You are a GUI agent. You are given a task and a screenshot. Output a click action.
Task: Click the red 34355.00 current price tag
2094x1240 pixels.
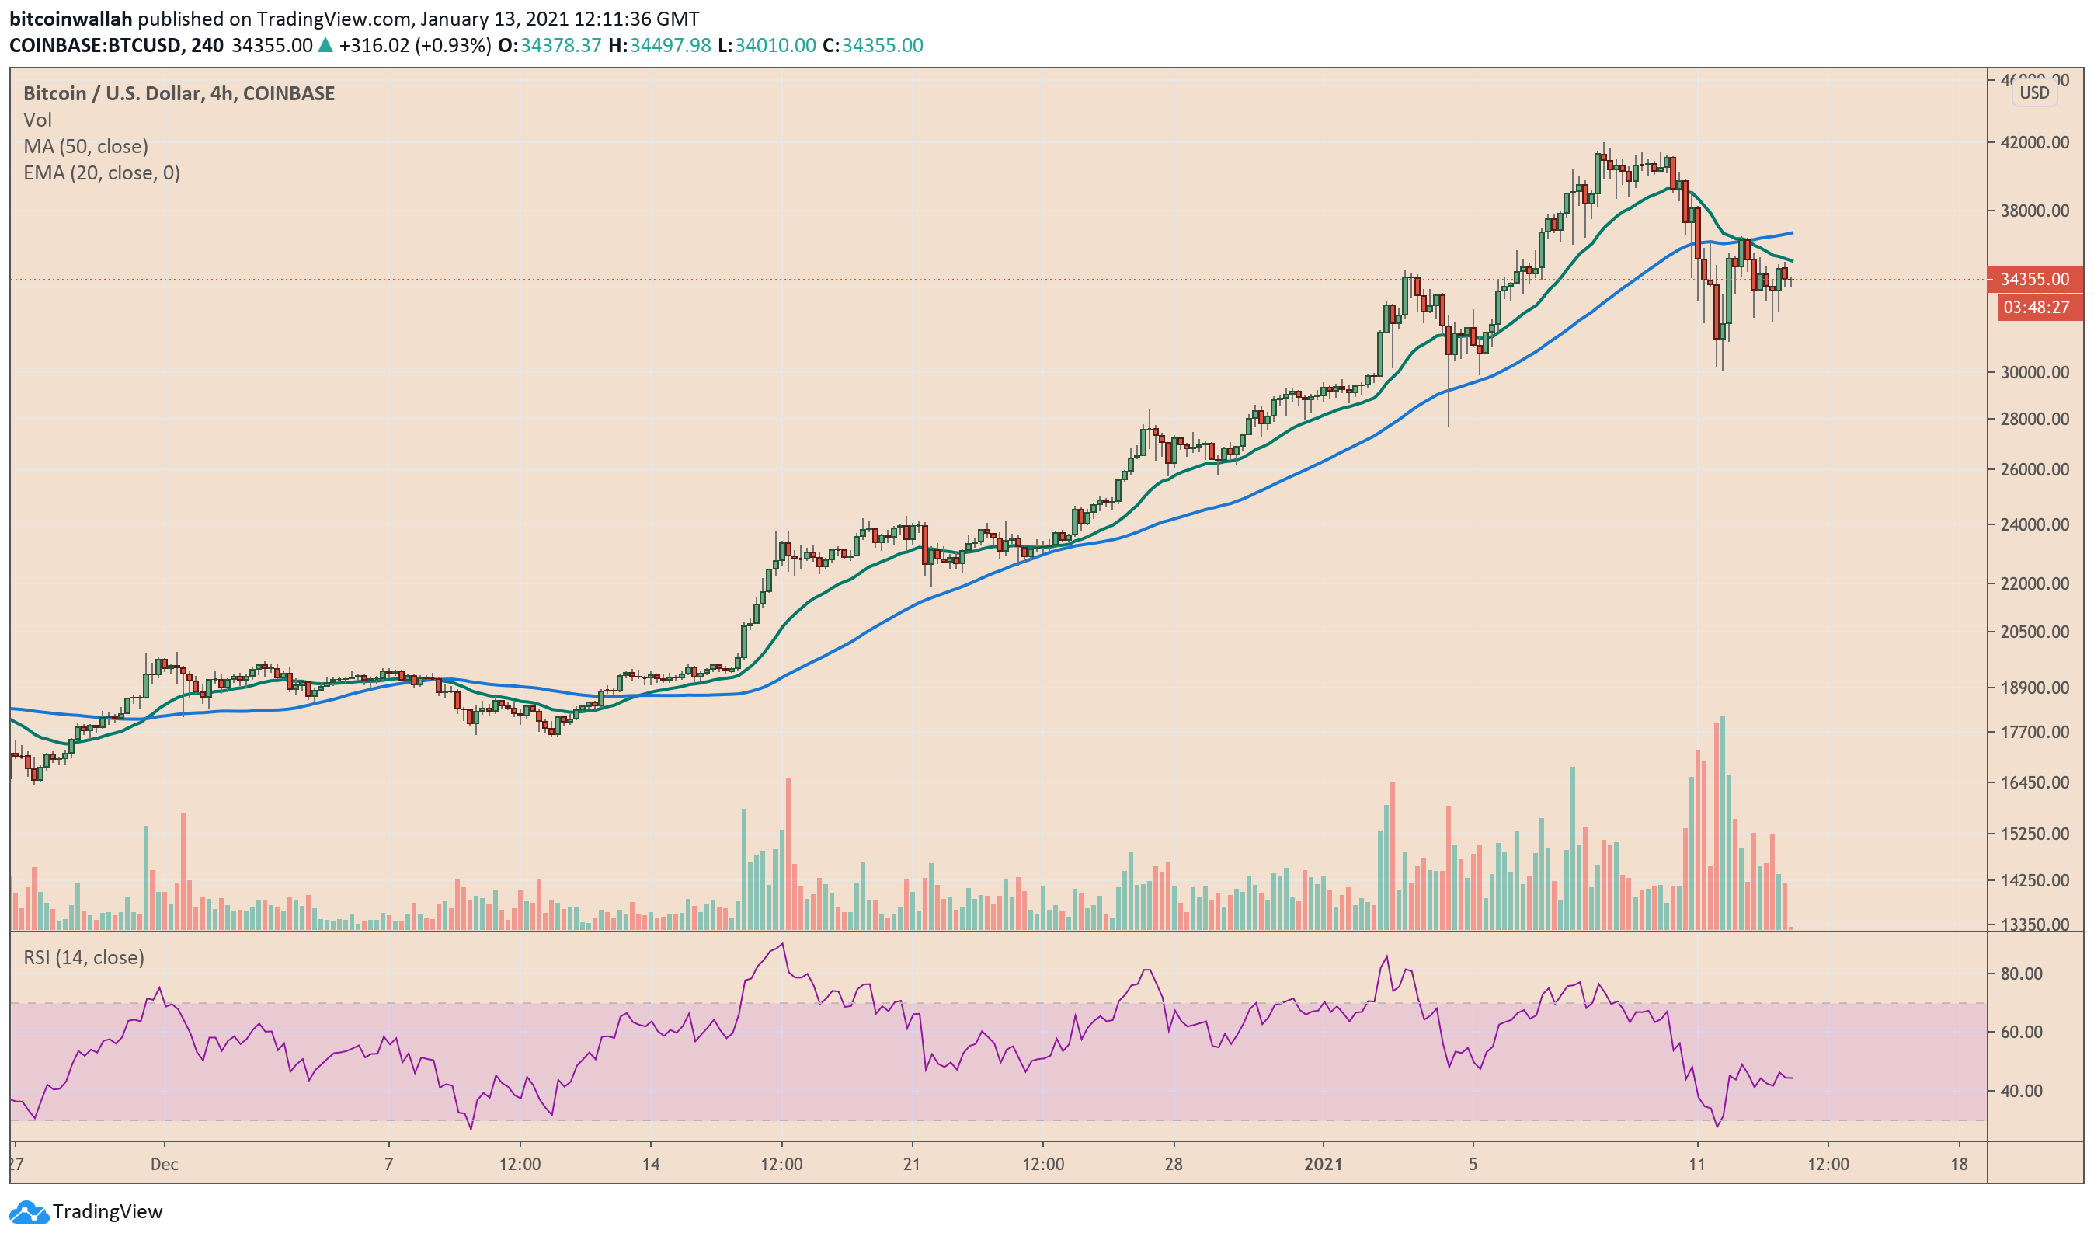click(2034, 279)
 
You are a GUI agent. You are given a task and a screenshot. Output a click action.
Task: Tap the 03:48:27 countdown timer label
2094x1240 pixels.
click(2036, 308)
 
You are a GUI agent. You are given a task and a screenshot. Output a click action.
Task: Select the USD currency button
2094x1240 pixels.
click(2034, 92)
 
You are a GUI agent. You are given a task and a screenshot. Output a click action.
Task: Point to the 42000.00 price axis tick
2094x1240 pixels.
click(2034, 142)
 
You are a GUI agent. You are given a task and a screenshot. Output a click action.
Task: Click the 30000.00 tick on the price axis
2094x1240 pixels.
click(2034, 372)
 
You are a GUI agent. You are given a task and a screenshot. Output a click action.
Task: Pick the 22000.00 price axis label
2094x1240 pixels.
click(2034, 583)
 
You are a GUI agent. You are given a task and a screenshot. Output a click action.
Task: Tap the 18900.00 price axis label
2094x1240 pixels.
click(2034, 688)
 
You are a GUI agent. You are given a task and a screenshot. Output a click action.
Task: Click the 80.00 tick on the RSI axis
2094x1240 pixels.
click(2021, 974)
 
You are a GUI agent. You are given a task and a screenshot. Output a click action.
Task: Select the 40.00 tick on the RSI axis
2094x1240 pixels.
click(2021, 1090)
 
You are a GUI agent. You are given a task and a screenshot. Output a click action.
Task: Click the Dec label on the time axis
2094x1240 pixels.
click(165, 1164)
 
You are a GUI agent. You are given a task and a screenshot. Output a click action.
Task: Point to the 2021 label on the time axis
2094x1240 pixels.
click(1323, 1164)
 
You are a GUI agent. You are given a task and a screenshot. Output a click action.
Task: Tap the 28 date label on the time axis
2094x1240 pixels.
click(1174, 1164)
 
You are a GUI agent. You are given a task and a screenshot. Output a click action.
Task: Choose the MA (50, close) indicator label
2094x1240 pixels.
click(85, 146)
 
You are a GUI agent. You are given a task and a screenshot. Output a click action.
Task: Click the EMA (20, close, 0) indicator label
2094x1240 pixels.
click(101, 173)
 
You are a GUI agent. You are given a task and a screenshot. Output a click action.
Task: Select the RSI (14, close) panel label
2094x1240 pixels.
click(84, 956)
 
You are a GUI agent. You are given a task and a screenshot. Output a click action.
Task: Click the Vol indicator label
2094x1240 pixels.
click(37, 120)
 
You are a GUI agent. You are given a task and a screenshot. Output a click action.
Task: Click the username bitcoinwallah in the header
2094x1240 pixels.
click(71, 19)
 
